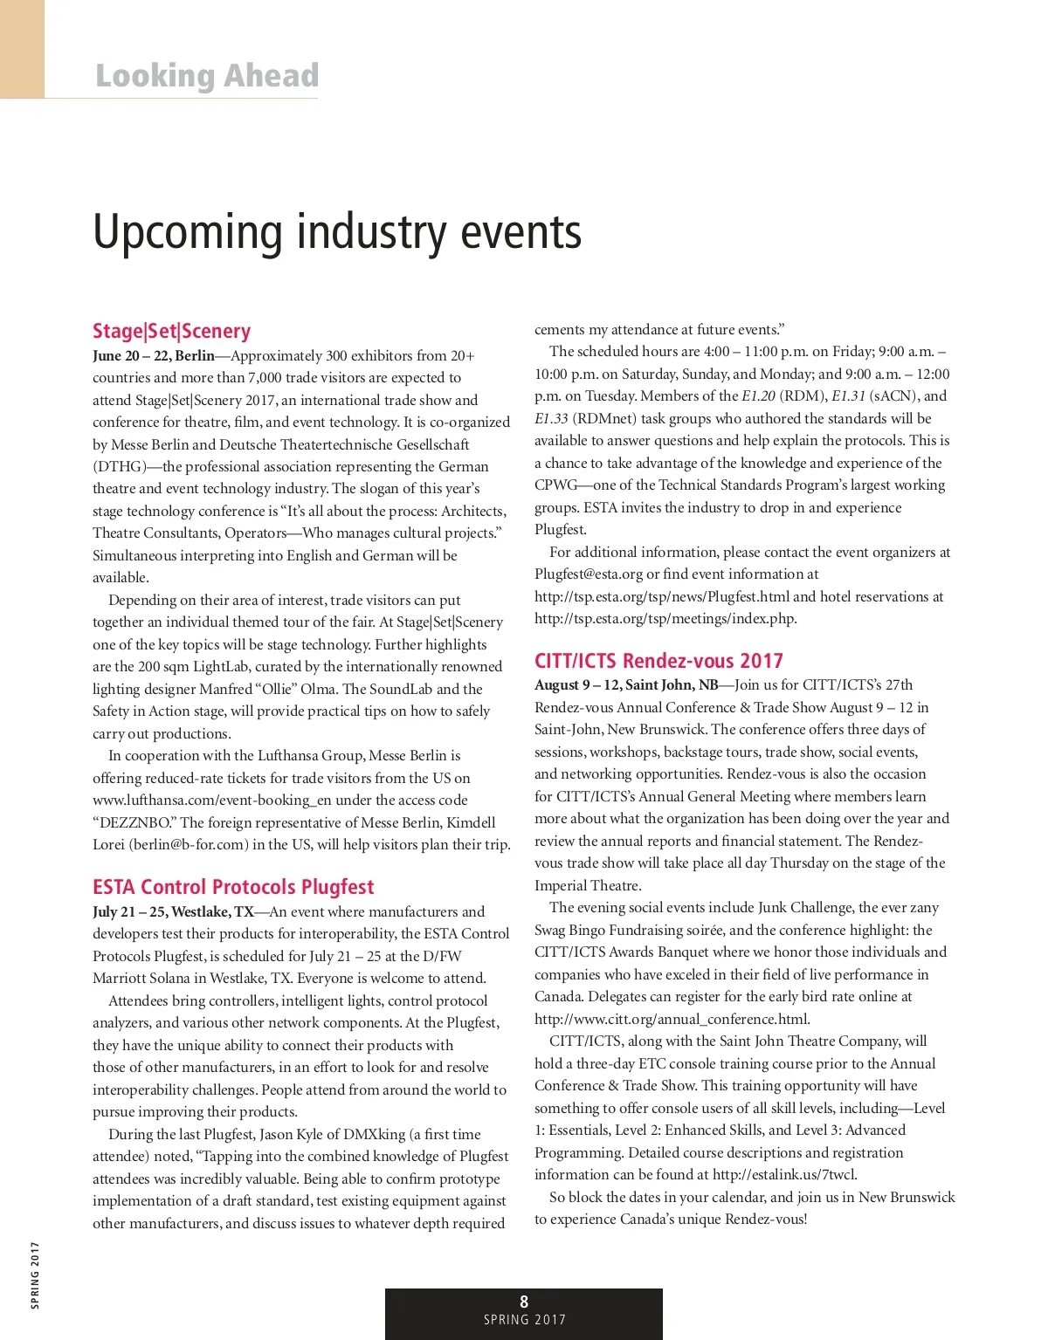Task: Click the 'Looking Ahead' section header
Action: point(207,76)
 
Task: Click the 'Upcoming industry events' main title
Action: point(337,232)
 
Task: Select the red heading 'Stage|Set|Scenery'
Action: point(172,331)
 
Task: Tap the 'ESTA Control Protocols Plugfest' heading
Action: point(233,887)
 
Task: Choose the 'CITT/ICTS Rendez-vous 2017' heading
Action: point(658,661)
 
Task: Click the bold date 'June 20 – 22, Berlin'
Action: point(154,356)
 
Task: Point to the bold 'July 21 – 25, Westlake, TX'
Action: point(173,912)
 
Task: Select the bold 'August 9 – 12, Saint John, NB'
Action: point(626,685)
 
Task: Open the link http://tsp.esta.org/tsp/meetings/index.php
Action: point(665,619)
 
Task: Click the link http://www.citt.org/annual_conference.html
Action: point(672,1019)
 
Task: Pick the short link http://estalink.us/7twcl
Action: point(784,1175)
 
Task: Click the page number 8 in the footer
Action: point(524,1302)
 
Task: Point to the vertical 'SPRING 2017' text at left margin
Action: point(36,1275)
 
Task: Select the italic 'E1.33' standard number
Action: point(551,419)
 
